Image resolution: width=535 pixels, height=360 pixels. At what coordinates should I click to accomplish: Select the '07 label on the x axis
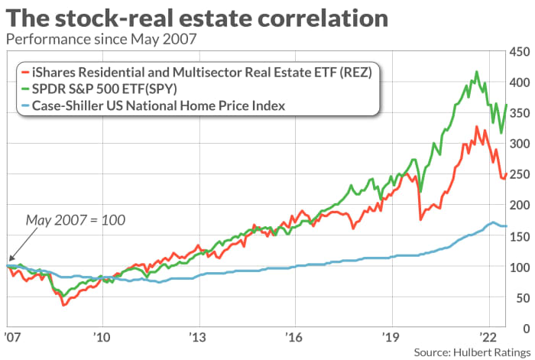[13, 337]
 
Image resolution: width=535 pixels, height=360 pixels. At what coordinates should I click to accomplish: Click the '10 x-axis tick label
[103, 337]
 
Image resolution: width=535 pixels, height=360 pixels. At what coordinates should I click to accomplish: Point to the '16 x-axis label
[295, 337]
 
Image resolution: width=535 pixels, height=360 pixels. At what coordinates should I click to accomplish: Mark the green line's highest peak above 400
[477, 73]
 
